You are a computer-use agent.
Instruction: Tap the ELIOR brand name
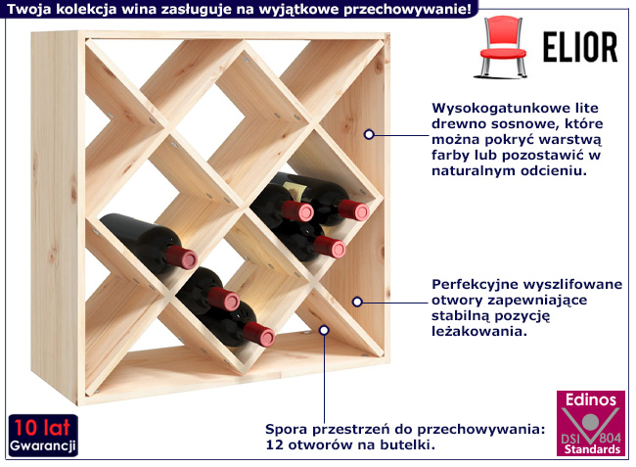579,46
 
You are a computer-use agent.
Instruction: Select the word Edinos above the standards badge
590,400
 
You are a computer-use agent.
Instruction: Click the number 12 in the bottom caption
275,444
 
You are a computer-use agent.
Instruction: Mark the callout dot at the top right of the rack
370,133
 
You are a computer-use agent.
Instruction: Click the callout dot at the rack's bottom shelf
325,330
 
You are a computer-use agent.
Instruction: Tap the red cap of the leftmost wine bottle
180,257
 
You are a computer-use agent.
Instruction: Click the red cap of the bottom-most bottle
265,336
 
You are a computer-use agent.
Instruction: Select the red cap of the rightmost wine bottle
359,210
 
